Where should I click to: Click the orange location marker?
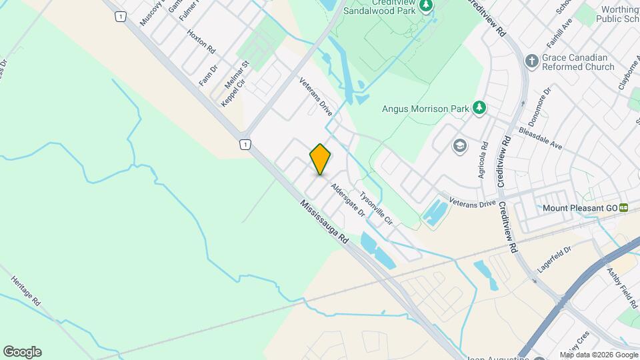tap(320, 159)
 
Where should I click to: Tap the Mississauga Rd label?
tap(325, 223)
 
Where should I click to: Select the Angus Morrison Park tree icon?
tap(479, 107)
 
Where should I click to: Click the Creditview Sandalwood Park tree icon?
tap(427, 5)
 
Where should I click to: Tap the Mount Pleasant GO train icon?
tap(623, 208)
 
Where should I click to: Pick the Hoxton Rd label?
tap(201, 41)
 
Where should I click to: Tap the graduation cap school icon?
tap(459, 145)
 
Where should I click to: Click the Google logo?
tap(22, 352)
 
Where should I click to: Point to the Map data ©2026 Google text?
tap(598, 355)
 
